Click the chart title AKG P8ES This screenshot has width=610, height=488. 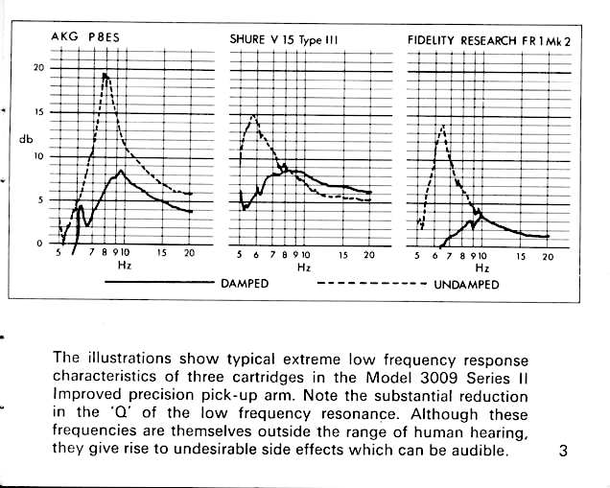pos(85,37)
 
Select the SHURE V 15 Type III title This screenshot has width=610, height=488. pos(284,39)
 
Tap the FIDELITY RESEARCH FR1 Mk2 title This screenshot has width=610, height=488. pos(489,41)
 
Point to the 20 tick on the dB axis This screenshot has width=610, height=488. pos(39,68)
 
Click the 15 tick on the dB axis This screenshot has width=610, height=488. pos(39,112)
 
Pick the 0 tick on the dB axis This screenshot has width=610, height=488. pos(39,244)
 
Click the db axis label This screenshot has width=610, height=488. pos(26,139)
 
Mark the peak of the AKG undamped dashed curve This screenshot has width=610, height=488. pos(106,74)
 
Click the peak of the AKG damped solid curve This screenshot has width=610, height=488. pos(121,171)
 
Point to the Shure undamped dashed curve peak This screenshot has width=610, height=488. pos(253,115)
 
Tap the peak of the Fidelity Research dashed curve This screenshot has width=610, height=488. pos(443,126)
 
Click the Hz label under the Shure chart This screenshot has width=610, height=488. pos(304,267)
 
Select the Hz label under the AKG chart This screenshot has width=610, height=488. pos(125,266)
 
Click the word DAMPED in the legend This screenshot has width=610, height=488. pos(245,284)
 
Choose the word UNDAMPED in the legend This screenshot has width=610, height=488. pos(466,285)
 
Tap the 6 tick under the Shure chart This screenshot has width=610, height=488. pos(256,255)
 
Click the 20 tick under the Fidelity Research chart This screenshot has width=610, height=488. pos(548,257)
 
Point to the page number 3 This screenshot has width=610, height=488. pos(563,451)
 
